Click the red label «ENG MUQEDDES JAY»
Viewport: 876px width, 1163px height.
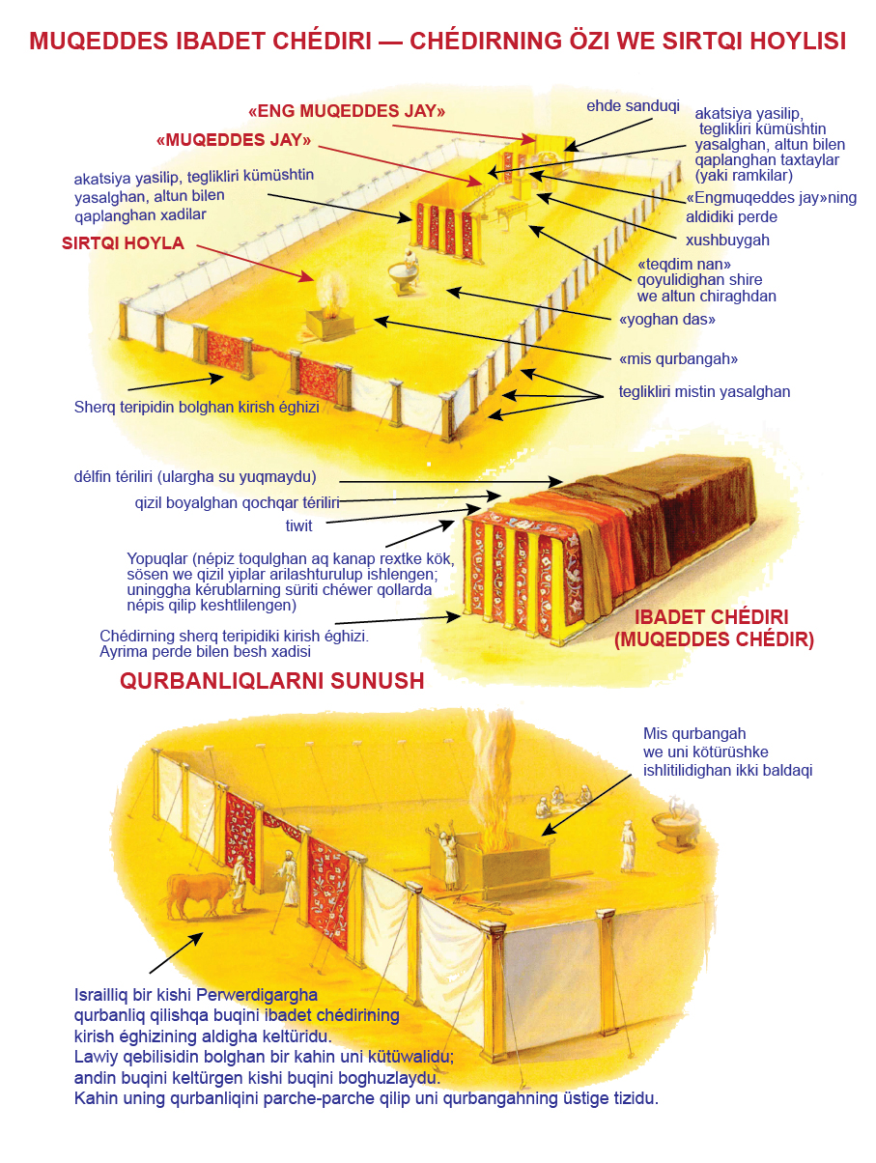[346, 111]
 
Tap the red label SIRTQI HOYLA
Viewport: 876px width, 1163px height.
[123, 243]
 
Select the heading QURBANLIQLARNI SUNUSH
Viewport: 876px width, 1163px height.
[271, 681]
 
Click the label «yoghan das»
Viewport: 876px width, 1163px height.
[666, 320]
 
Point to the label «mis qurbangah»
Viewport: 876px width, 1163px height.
[678, 359]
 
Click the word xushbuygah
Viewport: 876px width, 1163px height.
[727, 241]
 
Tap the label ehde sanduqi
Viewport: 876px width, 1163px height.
[633, 106]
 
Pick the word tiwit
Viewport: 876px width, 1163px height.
[298, 526]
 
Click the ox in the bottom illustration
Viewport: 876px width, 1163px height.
[197, 894]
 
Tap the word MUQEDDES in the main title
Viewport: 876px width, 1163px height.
[99, 42]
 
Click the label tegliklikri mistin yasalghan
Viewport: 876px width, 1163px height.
[704, 391]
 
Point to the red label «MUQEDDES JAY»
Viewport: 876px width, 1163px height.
[233, 140]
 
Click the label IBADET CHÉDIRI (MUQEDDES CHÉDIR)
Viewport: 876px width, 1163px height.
[713, 628]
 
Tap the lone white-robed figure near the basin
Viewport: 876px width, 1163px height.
[628, 845]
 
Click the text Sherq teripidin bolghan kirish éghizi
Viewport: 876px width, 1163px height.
[196, 407]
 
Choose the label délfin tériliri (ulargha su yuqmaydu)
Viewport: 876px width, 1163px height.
[195, 477]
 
